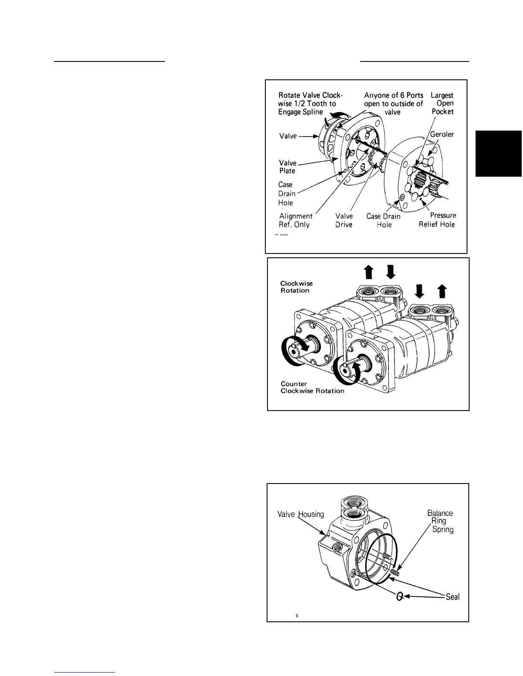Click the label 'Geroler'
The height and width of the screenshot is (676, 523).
[x=442, y=134]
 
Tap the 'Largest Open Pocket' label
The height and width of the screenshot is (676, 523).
[x=442, y=103]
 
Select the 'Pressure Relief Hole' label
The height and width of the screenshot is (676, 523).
[x=437, y=220]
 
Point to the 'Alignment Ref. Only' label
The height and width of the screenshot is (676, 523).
[x=296, y=220]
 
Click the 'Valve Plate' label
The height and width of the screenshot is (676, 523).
[x=288, y=166]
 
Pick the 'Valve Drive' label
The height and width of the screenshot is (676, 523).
[x=344, y=220]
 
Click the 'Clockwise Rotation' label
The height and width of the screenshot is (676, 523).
[x=296, y=287]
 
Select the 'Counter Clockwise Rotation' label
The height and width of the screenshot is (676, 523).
[x=312, y=387]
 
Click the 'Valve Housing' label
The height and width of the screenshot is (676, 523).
[x=301, y=514]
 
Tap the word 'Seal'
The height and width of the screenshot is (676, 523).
[x=452, y=597]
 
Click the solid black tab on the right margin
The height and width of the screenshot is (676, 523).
[x=499, y=154]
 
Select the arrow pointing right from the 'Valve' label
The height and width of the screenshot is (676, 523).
[x=308, y=136]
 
